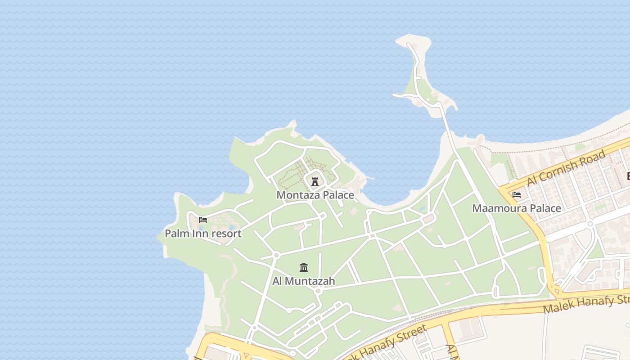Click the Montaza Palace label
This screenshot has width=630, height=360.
coord(315,195)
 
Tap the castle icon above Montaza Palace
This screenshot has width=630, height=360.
coord(315,181)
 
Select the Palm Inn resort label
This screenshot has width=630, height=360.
coord(203,234)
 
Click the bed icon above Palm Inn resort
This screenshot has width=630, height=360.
coord(203,220)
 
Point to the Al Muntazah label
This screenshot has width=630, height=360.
coord(304,281)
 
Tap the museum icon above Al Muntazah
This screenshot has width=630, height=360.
coord(304,268)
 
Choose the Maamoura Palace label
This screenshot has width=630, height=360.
coord(517,208)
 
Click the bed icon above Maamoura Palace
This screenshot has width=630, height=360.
coord(517,195)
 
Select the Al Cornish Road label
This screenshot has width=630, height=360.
coord(567,168)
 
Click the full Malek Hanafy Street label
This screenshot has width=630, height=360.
coord(387,343)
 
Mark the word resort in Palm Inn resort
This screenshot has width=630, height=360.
coord(226,234)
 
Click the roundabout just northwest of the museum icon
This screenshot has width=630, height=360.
coord(276,255)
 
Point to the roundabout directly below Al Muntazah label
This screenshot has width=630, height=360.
coord(318,291)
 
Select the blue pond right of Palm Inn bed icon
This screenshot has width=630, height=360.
coord(232,227)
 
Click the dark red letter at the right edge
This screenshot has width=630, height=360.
coord(628,176)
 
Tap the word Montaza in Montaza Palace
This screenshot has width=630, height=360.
coord(297,195)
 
